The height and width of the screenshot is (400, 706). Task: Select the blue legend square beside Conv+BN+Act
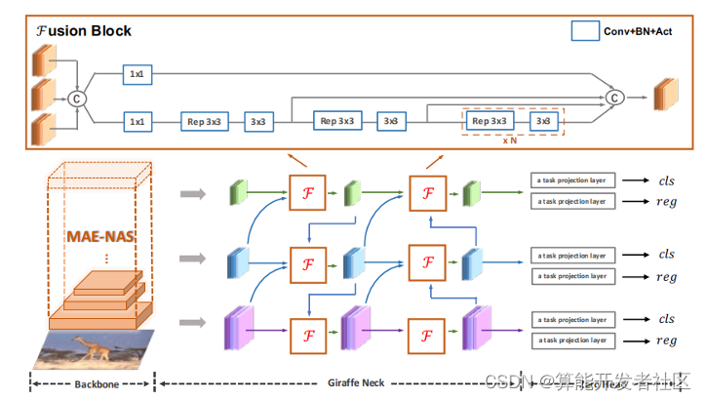[584, 30]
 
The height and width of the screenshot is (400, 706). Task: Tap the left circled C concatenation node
[77, 98]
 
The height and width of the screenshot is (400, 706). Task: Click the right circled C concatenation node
[614, 97]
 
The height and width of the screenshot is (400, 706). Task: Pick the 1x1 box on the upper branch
[137, 74]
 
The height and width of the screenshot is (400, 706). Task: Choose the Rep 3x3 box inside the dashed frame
[490, 121]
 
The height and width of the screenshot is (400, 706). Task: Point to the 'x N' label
[511, 140]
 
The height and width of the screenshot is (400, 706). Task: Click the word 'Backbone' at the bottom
[96, 383]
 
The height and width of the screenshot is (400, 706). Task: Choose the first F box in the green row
[308, 193]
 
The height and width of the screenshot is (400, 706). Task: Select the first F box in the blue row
[308, 263]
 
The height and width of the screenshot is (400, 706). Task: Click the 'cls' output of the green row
[666, 180]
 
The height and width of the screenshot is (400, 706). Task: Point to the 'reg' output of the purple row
[666, 340]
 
